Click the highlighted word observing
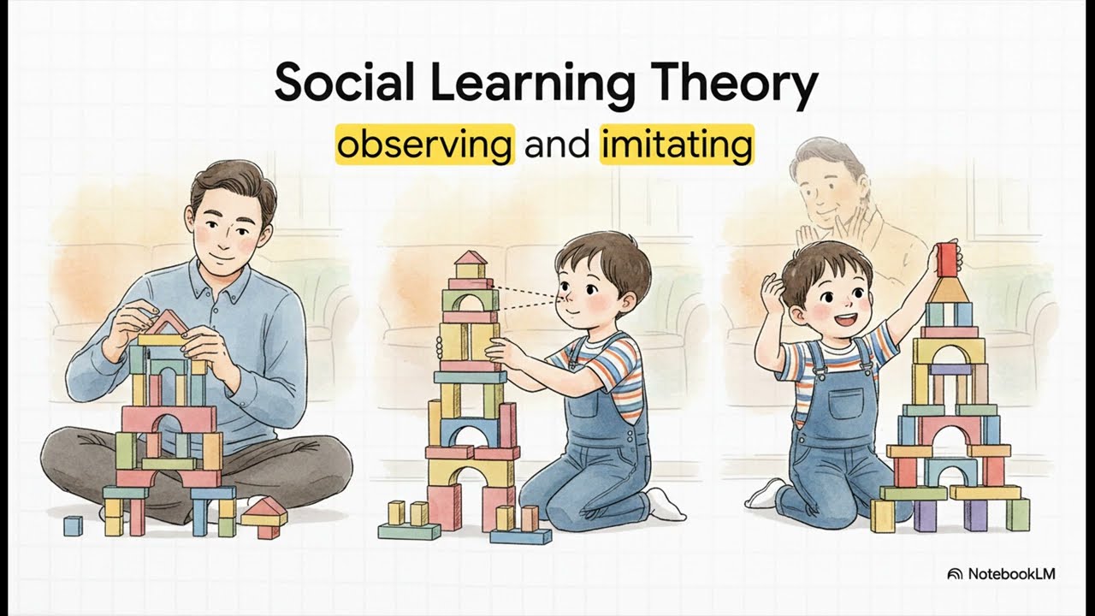[424, 145]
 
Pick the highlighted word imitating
[677, 145]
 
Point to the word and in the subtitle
[557, 145]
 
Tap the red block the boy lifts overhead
[945, 258]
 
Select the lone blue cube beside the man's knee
[73, 525]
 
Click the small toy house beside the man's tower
[264, 517]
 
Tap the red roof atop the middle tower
[471, 258]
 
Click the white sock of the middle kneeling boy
[665, 505]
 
